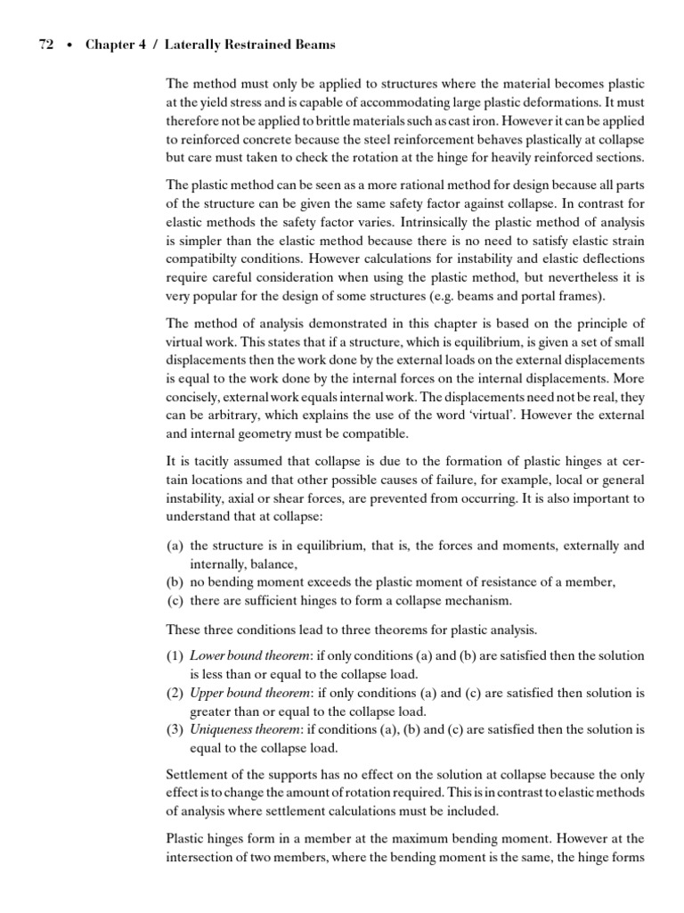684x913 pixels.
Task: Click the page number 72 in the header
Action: (x=46, y=45)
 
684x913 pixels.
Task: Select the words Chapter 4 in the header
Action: (x=114, y=45)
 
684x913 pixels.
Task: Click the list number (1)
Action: (x=175, y=655)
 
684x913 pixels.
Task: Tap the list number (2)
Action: (x=175, y=693)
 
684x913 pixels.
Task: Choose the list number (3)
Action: (x=175, y=729)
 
